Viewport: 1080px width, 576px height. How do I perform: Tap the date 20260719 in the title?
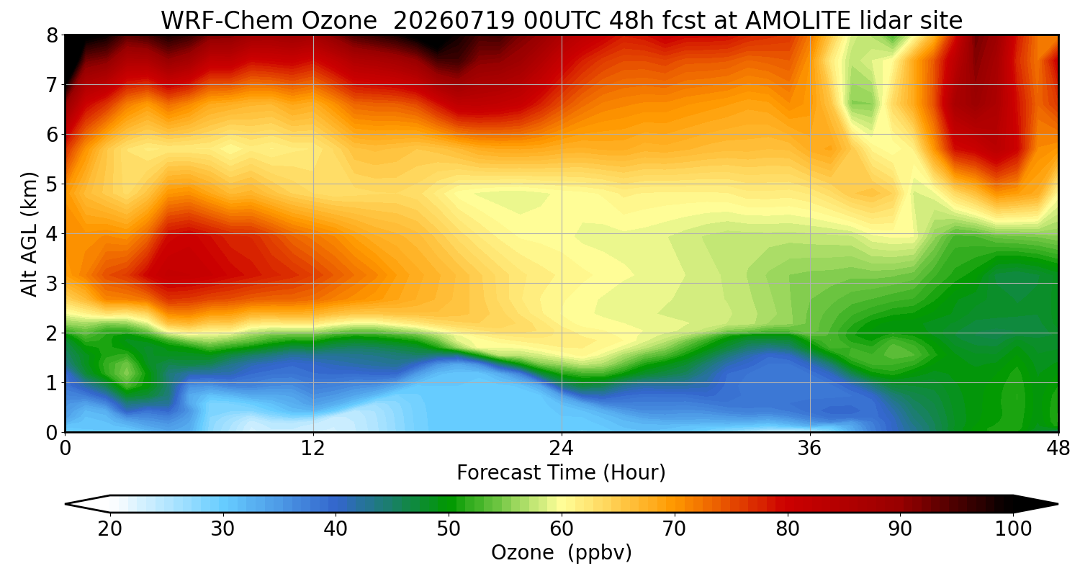pos(454,21)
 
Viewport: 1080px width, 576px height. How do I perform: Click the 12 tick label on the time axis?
pos(313,449)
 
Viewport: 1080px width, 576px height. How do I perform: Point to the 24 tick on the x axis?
pos(561,449)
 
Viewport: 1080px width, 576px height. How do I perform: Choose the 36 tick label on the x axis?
pos(809,449)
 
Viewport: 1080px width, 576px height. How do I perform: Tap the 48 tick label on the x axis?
pos(1058,449)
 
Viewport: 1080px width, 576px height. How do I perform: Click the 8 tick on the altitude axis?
pos(52,35)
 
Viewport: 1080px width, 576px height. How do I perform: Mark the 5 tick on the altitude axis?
pos(52,184)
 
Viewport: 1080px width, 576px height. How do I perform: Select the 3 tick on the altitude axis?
pos(52,284)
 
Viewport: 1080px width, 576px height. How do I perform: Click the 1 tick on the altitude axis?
pos(52,383)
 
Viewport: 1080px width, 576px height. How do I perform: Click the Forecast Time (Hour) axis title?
pos(561,472)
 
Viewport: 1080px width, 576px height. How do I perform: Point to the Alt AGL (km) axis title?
pos(30,234)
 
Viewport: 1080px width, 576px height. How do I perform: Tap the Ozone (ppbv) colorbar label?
pos(561,552)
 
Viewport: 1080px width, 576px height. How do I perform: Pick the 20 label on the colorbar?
pos(109,529)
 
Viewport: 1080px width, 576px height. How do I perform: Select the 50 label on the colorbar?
pos(449,529)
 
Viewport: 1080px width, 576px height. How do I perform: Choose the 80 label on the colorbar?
pos(788,529)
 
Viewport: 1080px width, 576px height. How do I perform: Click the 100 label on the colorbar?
pos(1014,529)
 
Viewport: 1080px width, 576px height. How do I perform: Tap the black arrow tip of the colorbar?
pos(1057,504)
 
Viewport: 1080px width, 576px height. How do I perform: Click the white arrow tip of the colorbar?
pos(66,504)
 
